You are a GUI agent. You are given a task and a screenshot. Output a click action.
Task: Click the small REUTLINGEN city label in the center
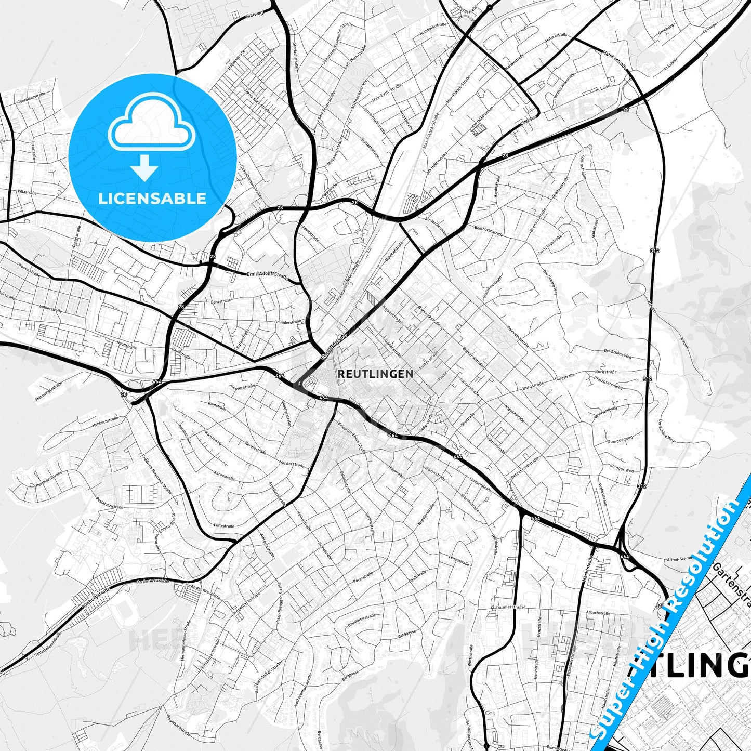point(375,374)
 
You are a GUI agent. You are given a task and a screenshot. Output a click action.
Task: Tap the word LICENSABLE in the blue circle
point(152,199)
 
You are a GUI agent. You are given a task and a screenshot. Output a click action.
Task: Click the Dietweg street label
point(254,15)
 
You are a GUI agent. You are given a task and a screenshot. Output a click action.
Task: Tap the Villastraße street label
point(27,192)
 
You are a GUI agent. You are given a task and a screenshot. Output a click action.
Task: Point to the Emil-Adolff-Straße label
point(267,274)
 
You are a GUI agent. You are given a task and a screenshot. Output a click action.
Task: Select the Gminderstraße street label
point(287,322)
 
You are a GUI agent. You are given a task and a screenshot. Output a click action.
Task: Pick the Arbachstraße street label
point(597,613)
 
